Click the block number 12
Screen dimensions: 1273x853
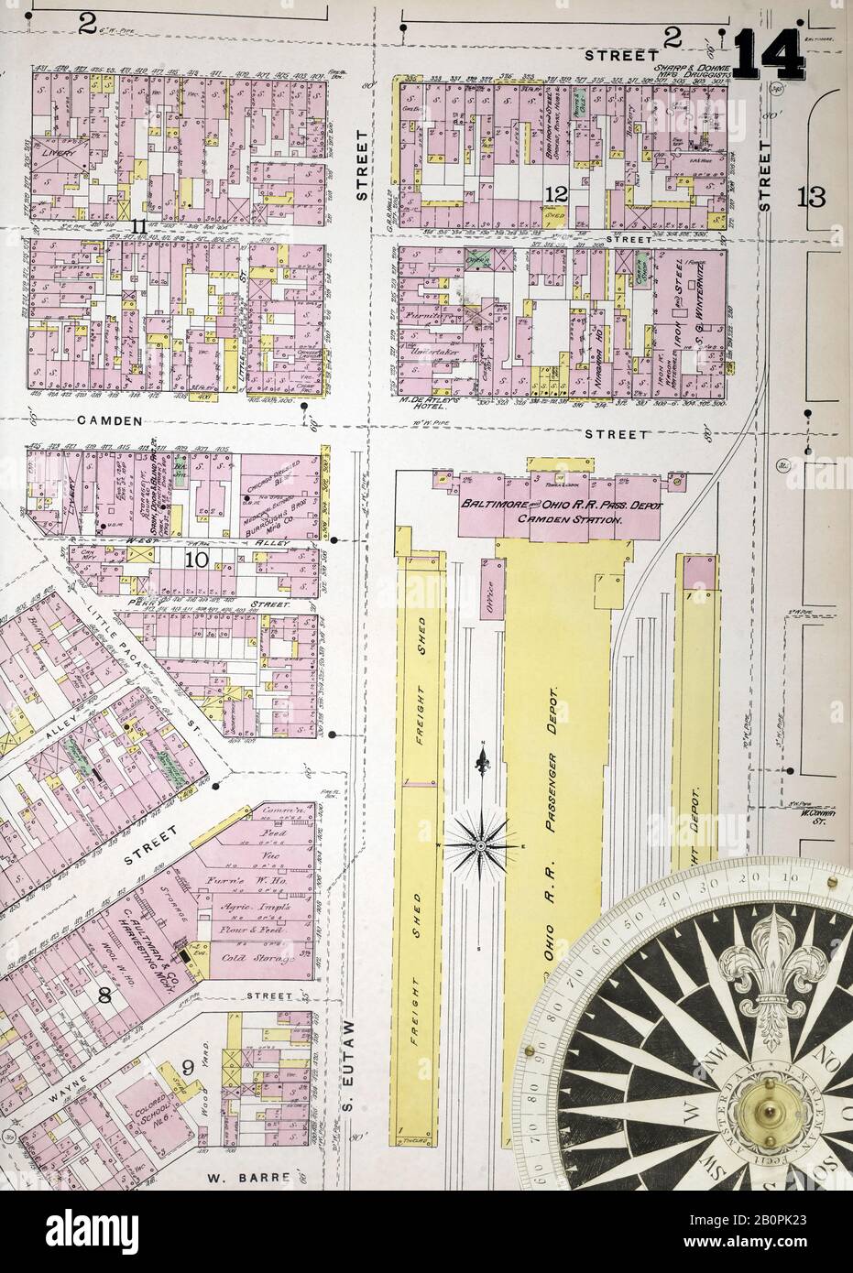pyautogui.click(x=555, y=193)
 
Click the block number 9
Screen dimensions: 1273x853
pyautogui.click(x=186, y=1066)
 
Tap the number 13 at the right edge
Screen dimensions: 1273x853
pyautogui.click(x=812, y=196)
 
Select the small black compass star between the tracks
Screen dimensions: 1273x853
pyautogui.click(x=482, y=843)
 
